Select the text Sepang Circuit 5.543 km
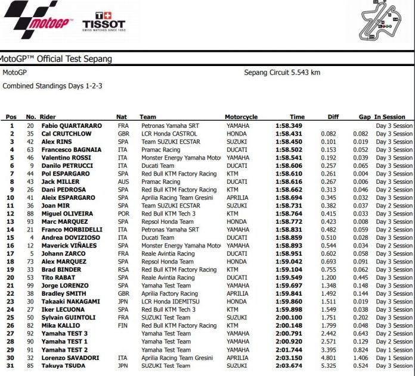click(x=282, y=73)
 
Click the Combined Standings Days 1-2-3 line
click(x=52, y=86)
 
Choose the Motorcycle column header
click(x=241, y=117)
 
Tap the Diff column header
click(x=333, y=117)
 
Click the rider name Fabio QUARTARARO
click(x=72, y=126)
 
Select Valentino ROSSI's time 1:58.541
click(x=290, y=158)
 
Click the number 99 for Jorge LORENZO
click(x=30, y=286)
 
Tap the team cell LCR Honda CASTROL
click(x=169, y=134)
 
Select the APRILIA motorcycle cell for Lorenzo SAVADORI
click(x=237, y=358)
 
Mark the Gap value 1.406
click(x=361, y=358)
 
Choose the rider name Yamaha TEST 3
click(x=64, y=333)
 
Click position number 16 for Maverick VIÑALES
click(x=11, y=245)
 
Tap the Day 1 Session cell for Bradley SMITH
click(x=394, y=293)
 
